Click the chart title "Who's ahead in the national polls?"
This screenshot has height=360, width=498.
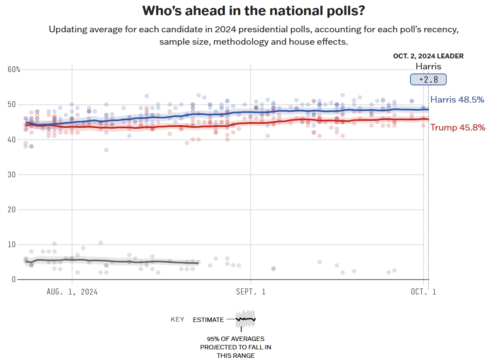point(253,11)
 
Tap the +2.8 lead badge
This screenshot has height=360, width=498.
point(428,80)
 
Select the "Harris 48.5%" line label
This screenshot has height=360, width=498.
point(457,100)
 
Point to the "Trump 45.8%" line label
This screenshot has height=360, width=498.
point(458,127)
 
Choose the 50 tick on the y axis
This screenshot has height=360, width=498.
point(12,104)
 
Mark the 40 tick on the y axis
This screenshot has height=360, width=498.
point(12,140)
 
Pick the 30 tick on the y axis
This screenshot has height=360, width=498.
point(12,175)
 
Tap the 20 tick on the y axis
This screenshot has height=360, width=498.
point(12,210)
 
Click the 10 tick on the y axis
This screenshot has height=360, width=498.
point(12,245)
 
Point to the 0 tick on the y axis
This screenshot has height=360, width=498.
point(14,280)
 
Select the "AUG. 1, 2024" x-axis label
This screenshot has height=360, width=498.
point(72,291)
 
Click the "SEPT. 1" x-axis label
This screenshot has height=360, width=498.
point(251,291)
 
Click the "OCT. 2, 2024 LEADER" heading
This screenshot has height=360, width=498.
point(428,56)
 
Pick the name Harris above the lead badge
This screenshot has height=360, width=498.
point(428,67)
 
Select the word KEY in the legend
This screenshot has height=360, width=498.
point(178,319)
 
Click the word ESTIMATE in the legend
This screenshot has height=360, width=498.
point(208,319)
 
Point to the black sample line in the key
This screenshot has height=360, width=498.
point(246,319)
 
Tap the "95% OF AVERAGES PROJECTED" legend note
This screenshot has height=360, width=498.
point(235,347)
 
